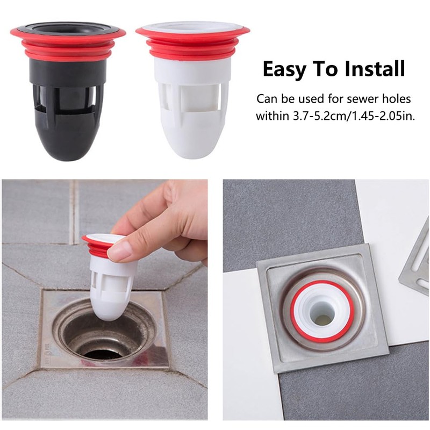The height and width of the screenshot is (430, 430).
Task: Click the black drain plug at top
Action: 67,97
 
